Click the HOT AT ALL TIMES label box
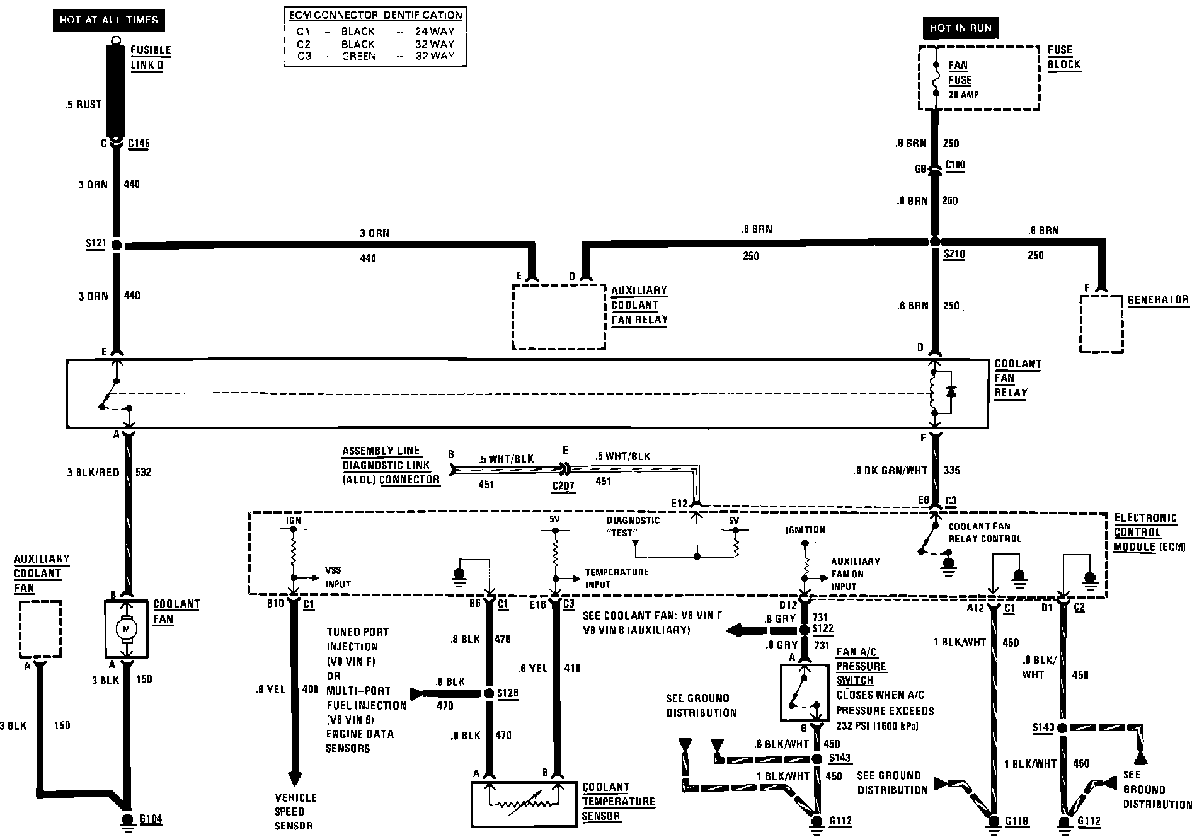pyautogui.click(x=108, y=20)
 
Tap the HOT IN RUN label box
pyautogui.click(x=960, y=28)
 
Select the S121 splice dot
pyautogui.click(x=117, y=245)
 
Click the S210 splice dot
pyautogui.click(x=935, y=242)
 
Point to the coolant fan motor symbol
pyautogui.click(x=127, y=628)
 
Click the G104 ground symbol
pyautogui.click(x=127, y=821)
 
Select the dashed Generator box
pyautogui.click(x=1101, y=323)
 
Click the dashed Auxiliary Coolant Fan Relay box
pyautogui.click(x=558, y=316)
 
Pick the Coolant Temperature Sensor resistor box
pyautogui.click(x=523, y=804)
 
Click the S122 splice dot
pyautogui.click(x=805, y=630)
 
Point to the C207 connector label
pyautogui.click(x=563, y=487)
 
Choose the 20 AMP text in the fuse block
pyautogui.click(x=963, y=95)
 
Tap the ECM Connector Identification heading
pyautogui.click(x=375, y=15)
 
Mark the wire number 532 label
pyautogui.click(x=143, y=472)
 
